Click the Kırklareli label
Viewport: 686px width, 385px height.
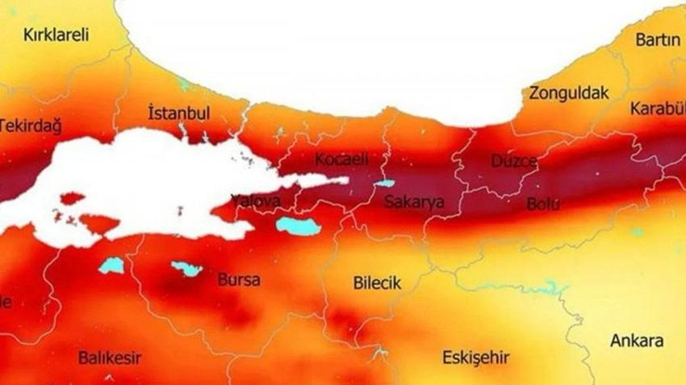click(56, 36)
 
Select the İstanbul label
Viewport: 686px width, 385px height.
click(178, 112)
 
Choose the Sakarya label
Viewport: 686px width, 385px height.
click(413, 203)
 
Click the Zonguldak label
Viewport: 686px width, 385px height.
click(568, 93)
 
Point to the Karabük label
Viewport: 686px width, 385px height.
click(658, 108)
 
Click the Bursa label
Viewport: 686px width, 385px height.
click(239, 280)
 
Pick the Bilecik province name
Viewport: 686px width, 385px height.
click(377, 283)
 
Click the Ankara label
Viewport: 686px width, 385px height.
click(637, 340)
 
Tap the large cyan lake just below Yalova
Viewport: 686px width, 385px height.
click(298, 225)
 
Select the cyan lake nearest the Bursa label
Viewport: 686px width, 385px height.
click(186, 268)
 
